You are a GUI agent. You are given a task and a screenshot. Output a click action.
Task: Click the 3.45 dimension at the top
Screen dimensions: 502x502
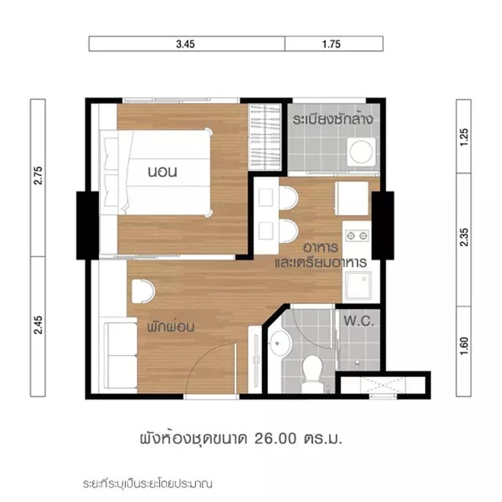(185, 44)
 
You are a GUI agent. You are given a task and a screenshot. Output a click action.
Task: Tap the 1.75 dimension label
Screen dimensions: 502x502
(331, 44)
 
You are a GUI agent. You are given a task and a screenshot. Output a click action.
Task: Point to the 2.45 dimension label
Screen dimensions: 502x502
(38, 325)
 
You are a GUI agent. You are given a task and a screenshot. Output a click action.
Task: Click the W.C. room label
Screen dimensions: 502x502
(359, 321)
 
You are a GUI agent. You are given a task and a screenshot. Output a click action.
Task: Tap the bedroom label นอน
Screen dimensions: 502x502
(162, 172)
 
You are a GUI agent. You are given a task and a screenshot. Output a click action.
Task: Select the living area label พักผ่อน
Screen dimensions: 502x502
(171, 327)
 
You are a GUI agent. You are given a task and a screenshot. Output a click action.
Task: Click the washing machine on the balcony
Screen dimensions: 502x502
(361, 152)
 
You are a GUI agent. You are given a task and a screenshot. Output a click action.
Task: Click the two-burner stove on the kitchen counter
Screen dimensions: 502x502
(357, 236)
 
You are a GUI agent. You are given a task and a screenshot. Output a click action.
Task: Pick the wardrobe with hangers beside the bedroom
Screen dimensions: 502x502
(265, 137)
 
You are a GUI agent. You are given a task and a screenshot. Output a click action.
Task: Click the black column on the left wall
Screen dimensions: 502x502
(87, 225)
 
